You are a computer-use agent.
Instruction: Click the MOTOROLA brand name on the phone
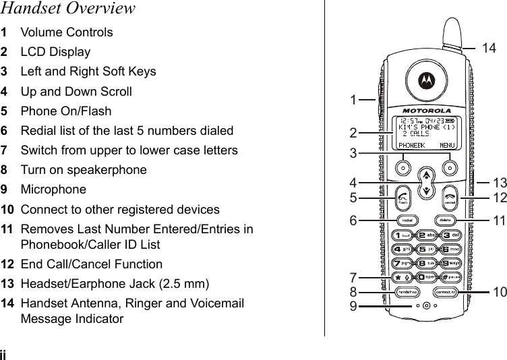427,110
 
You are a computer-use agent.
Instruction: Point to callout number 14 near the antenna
489,47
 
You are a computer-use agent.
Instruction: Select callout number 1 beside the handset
353,100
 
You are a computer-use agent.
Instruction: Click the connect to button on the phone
445,292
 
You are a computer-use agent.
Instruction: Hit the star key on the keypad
401,276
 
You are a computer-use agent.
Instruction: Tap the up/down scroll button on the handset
426,182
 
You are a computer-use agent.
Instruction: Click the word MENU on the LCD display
447,144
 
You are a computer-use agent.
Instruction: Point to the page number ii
4,354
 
